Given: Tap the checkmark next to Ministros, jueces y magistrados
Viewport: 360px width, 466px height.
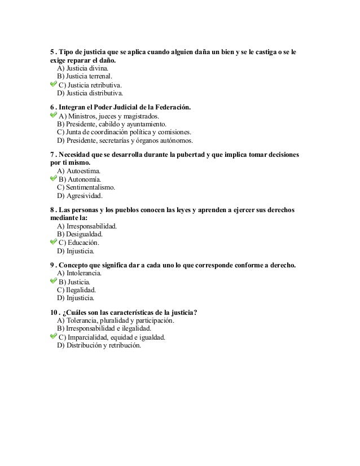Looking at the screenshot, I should coord(54,115).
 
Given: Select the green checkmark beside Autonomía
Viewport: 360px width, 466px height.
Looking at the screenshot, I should coord(54,178).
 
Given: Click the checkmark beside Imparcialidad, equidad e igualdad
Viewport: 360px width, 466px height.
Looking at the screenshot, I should coord(54,337).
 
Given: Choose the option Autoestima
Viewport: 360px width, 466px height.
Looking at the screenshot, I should coord(80,170).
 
